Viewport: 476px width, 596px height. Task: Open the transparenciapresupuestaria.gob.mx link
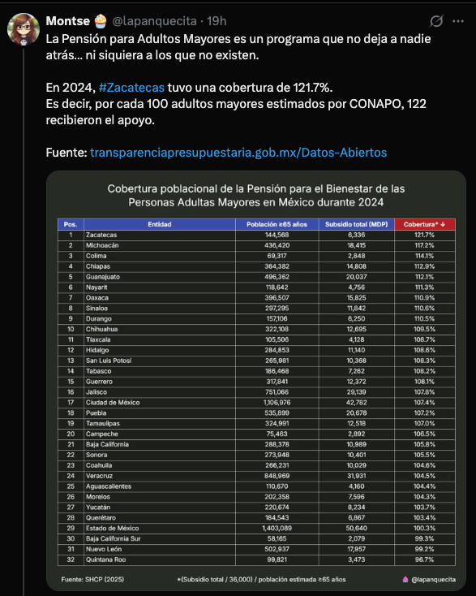click(238, 153)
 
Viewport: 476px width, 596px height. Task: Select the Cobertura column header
click(424, 223)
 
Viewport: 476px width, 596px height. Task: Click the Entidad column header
click(159, 223)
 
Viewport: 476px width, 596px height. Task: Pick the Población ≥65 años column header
click(277, 223)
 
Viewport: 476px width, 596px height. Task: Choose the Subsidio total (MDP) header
click(355, 223)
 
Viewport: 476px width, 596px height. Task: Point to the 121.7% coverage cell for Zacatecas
click(424, 235)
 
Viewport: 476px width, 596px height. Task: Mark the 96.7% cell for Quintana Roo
click(424, 559)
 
